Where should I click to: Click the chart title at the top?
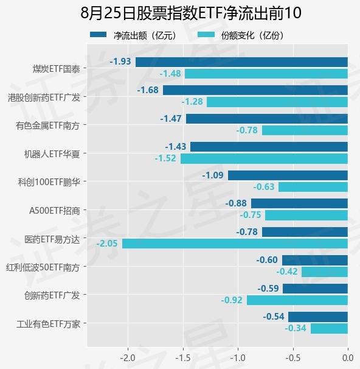[x=191, y=13]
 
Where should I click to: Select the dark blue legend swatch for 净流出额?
[x=99, y=35]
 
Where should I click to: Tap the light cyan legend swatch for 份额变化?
[x=206, y=35]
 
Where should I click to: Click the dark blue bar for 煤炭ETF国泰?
[x=241, y=62]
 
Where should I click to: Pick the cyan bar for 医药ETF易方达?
[x=235, y=244]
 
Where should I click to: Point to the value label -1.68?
[x=148, y=90]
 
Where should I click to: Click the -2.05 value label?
[x=107, y=244]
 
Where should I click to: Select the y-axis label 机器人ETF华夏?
[x=52, y=154]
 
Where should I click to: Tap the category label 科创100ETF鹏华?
[x=49, y=182]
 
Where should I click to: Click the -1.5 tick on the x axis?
[x=183, y=358]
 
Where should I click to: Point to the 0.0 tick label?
[x=348, y=358]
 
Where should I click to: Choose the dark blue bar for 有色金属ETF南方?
[x=267, y=119]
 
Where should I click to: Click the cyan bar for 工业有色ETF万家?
[x=329, y=329]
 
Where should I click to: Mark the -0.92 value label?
[x=232, y=300]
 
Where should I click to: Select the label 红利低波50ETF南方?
[x=43, y=267]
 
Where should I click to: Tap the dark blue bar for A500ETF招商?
[x=299, y=203]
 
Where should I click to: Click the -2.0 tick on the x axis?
[x=128, y=358]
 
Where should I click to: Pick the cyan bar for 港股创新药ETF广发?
[x=277, y=102]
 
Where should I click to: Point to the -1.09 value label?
[x=213, y=175]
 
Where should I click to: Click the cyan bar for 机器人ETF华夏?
[x=264, y=158]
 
